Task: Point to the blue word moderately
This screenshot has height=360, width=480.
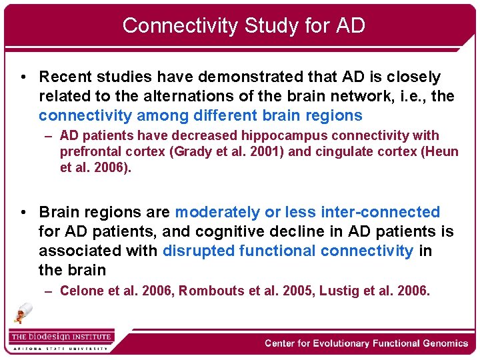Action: [x=217, y=213]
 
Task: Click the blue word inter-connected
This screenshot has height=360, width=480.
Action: [x=380, y=213]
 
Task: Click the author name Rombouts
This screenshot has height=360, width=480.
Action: [x=209, y=291]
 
